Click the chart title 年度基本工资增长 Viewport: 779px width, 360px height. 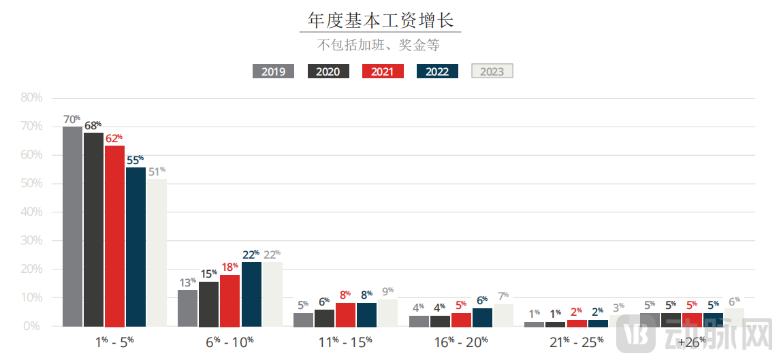(380, 20)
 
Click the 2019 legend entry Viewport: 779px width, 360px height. (273, 71)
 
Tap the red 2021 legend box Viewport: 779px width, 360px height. (382, 71)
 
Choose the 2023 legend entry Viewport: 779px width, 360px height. (492, 71)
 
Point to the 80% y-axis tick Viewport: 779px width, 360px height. (31, 98)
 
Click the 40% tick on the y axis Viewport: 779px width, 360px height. (31, 212)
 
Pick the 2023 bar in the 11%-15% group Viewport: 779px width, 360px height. (387, 312)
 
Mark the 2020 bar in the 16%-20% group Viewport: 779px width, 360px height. (440, 321)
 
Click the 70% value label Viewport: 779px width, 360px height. (71, 120)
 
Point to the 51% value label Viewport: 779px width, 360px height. (157, 171)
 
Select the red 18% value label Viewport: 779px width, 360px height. (229, 267)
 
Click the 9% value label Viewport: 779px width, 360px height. (387, 292)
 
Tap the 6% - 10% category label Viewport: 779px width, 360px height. (229, 342)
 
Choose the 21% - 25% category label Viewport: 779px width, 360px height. (576, 342)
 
